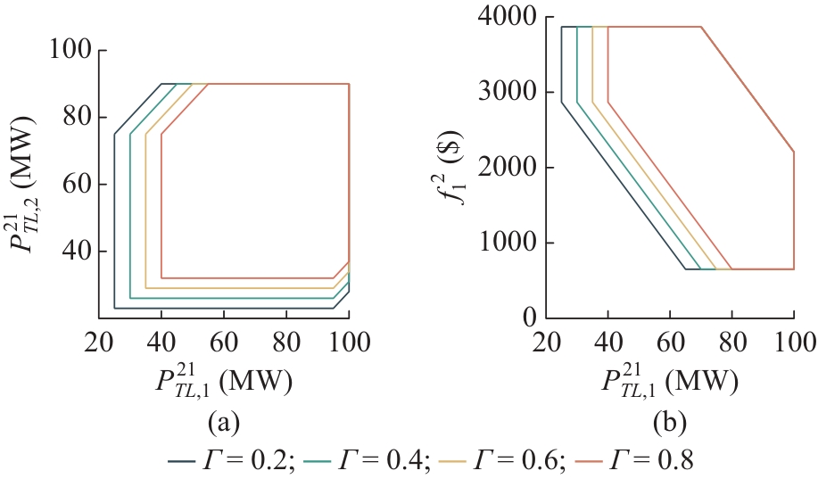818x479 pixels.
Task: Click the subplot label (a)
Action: [x=222, y=420]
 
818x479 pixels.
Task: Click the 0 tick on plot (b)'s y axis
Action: [x=532, y=318]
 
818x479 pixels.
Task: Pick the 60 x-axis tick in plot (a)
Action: [x=224, y=343]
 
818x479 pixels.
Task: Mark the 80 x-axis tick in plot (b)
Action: [x=731, y=343]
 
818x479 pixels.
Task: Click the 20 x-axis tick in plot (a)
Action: [x=99, y=343]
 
